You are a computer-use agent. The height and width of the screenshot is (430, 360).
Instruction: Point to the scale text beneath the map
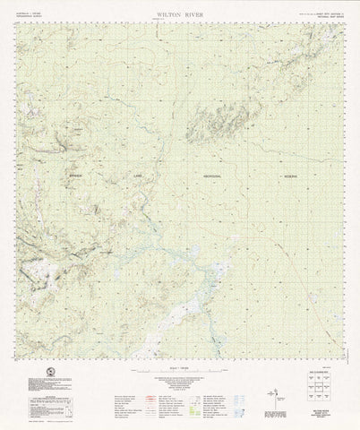coord(180,369)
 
